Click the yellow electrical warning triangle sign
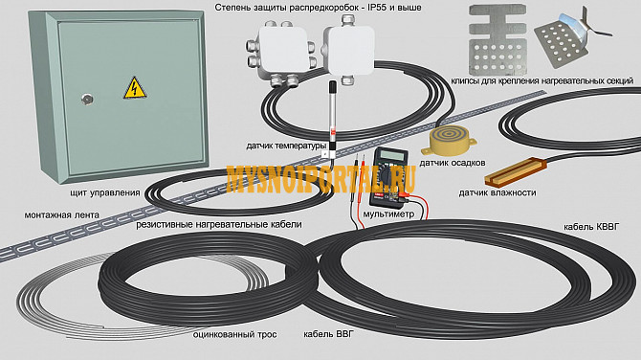132,89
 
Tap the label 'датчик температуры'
287,146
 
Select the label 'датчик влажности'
497,193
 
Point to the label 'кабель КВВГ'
591,228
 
